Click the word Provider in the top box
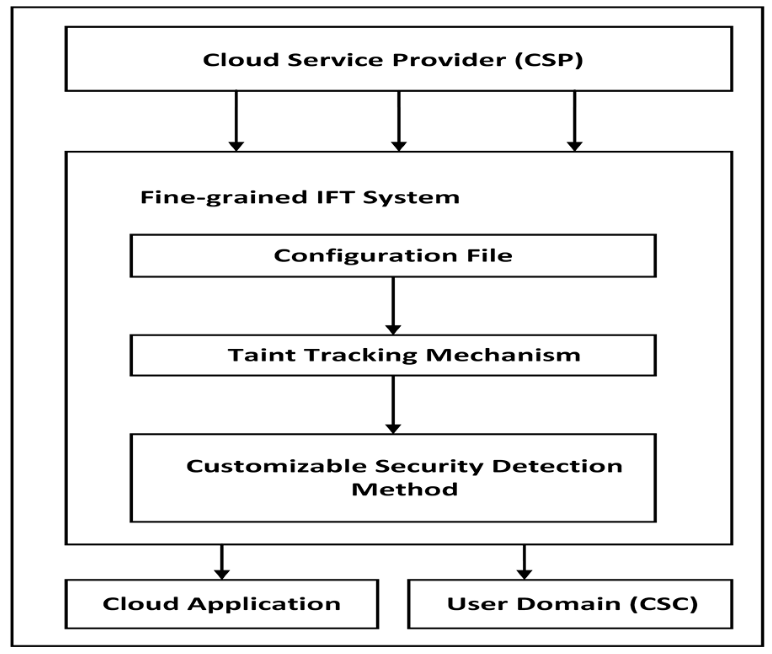(x=449, y=60)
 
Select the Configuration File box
(x=393, y=256)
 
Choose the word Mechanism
(x=503, y=355)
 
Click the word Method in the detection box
(x=404, y=489)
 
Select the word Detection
(x=557, y=466)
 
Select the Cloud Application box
(x=222, y=604)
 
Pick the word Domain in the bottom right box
(x=569, y=604)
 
